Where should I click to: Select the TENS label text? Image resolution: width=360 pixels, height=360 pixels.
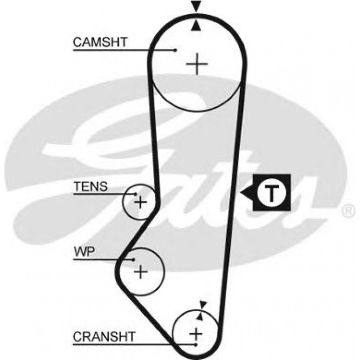pos(90,186)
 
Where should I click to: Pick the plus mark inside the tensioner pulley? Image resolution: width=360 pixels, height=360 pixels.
pos(140,203)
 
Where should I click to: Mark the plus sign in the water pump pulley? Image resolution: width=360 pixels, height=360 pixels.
pos(141,271)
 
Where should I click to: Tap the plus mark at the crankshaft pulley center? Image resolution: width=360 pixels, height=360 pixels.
pos(196,333)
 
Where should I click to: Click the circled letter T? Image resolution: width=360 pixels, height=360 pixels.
pos(271,193)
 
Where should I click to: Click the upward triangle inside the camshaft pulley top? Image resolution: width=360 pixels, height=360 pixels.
pos(195,27)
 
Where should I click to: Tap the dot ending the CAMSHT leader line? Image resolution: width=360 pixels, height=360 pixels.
pos(176,50)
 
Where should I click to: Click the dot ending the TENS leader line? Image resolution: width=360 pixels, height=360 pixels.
pos(136,194)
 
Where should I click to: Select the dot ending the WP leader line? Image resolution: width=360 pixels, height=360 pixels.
pos(133,259)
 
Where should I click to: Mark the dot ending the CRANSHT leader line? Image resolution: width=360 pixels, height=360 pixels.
pos(196,345)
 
